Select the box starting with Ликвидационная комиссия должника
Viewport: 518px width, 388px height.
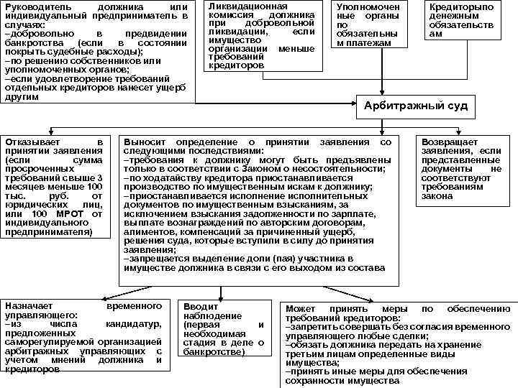tap(262, 35)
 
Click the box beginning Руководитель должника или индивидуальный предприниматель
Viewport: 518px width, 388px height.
tap(95, 50)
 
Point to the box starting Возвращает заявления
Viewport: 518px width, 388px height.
tap(461, 169)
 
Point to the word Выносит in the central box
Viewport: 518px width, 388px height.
tap(142, 142)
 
